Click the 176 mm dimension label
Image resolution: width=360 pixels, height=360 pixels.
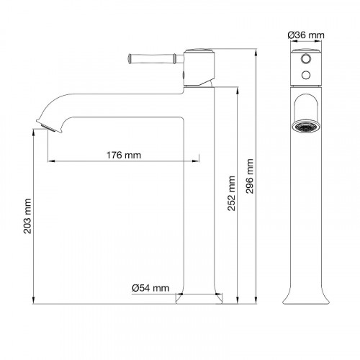(x=124, y=155)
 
